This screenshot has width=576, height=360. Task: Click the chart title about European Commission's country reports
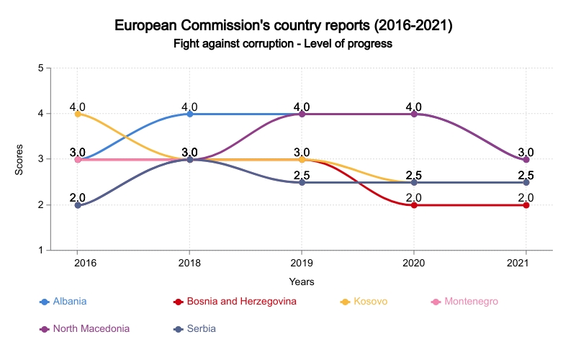283,26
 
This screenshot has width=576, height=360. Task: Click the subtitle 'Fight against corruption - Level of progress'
283,44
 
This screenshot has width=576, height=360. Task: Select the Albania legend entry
69,301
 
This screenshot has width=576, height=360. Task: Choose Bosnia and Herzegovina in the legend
241,301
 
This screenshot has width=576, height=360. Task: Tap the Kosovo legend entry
371,301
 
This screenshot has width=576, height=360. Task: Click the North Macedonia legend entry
90,328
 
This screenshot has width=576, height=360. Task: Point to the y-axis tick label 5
41,68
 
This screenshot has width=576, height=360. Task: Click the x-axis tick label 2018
189,264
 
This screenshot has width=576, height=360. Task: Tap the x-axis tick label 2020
414,264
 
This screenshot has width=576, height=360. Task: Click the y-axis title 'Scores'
19,159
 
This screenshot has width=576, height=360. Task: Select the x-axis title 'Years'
302,282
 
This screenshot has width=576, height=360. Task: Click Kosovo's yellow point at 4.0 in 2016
78,114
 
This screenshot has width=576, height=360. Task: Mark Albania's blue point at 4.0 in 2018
190,114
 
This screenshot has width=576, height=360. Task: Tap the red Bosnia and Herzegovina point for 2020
414,205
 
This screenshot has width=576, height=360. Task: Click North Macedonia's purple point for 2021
526,160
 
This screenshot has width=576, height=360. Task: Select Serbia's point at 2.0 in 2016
78,205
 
